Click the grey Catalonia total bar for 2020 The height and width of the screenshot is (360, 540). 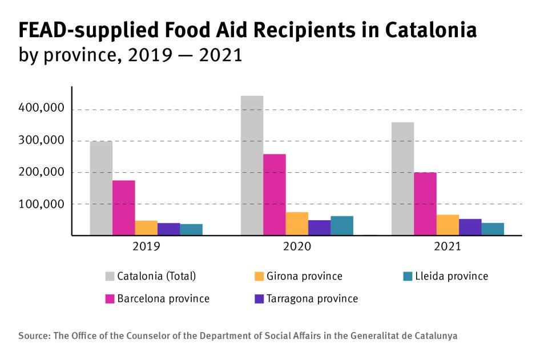coord(252,165)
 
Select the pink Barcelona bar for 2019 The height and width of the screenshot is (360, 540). coord(123,208)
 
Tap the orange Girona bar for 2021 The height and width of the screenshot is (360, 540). coord(448,225)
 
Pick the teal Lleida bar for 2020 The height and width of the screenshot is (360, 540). coord(342,225)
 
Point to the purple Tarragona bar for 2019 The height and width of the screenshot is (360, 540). coord(168,229)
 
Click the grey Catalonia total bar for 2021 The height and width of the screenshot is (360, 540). coord(402,179)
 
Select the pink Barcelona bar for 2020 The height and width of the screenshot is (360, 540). coord(275,195)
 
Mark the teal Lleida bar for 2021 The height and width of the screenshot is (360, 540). coord(493,229)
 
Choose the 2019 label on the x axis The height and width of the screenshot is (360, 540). coord(146,248)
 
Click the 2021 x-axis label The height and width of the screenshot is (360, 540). coord(447,248)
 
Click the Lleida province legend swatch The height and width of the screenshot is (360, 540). coord(407,276)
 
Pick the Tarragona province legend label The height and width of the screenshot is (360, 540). coord(312,298)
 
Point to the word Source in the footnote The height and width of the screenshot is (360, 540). coord(33,335)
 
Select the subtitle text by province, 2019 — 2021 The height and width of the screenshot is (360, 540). coord(130,55)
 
